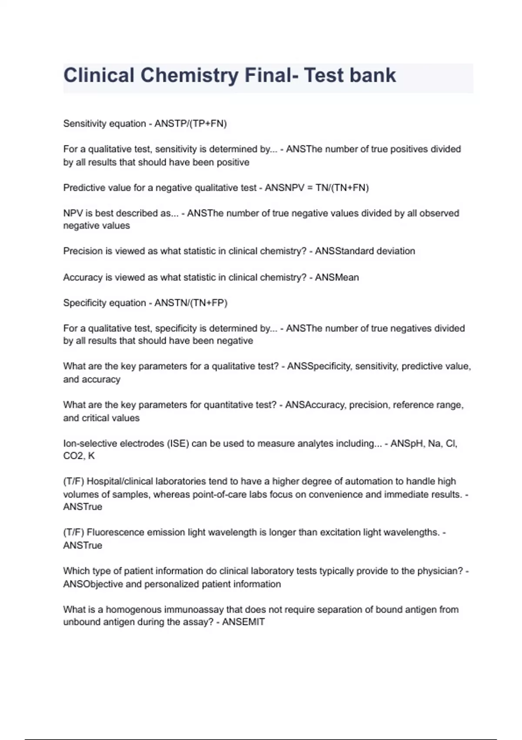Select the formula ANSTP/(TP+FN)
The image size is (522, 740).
(x=191, y=124)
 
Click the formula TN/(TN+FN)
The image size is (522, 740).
(x=342, y=188)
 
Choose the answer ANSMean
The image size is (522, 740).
(x=337, y=277)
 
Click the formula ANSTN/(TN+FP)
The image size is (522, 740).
(x=191, y=303)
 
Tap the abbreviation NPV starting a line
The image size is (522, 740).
(x=72, y=213)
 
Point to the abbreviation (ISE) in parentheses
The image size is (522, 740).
(x=178, y=444)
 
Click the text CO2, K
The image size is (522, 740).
(x=79, y=456)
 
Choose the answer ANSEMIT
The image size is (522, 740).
(x=243, y=622)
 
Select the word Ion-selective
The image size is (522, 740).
(x=90, y=444)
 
